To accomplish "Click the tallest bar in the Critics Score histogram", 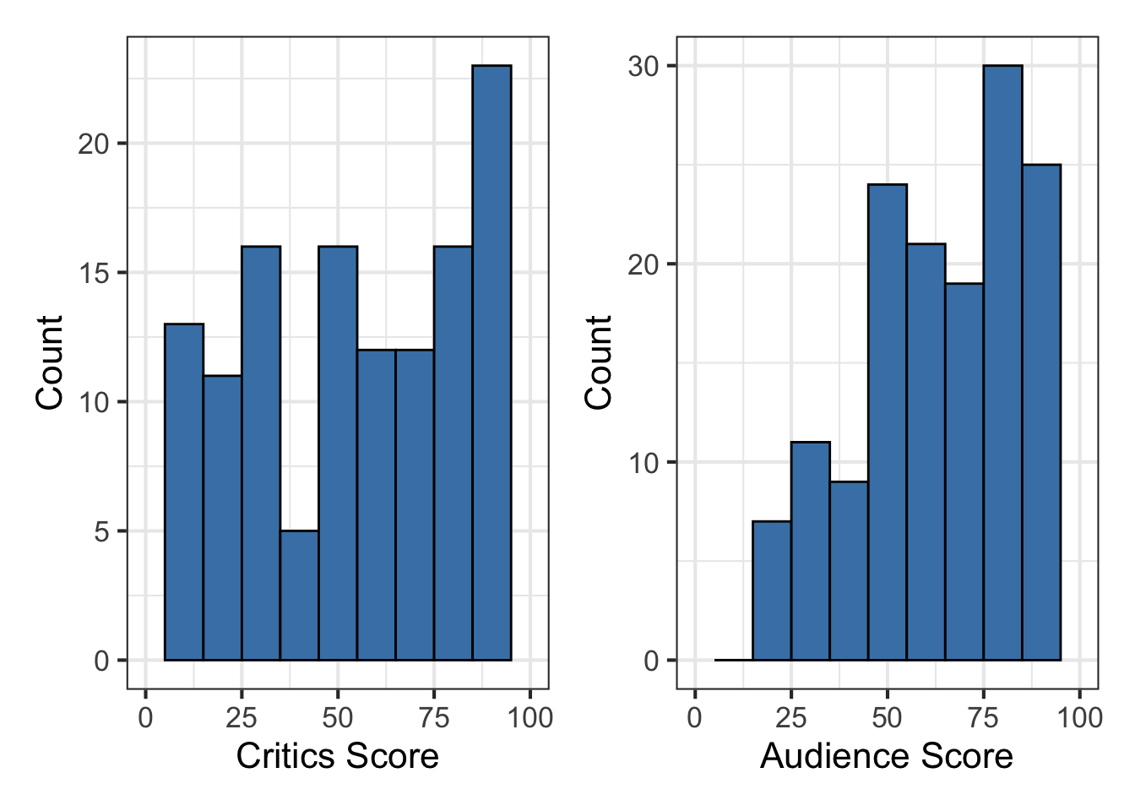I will point(491,362).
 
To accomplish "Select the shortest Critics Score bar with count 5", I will point(299,595).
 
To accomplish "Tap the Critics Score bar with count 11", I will point(222,517).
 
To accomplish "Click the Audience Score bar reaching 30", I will point(1002,362).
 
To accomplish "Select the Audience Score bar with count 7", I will point(772,591).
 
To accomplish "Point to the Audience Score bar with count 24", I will point(887,422).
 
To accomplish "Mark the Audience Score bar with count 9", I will point(849,570).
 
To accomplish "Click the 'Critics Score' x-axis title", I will point(337,755).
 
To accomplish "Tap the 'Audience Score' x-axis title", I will point(886,755).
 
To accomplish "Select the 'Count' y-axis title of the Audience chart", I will point(598,362).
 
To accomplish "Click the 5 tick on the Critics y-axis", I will point(101,531).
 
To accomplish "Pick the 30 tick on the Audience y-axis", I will point(643,66).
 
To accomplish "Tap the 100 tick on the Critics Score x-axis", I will point(529,718).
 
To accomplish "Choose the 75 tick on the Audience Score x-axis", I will point(983,718).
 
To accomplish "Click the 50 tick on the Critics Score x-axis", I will point(338,718).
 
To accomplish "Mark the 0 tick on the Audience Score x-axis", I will point(695,718).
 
